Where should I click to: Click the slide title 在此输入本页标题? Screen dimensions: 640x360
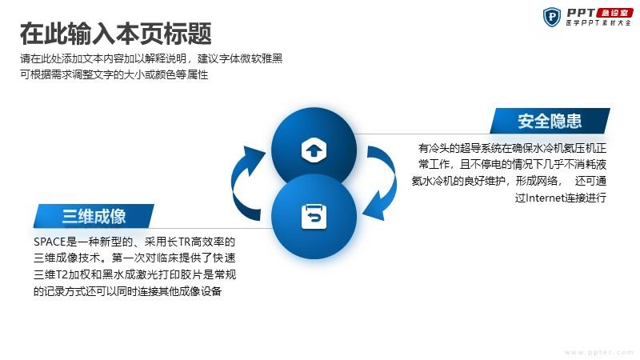[x=115, y=34]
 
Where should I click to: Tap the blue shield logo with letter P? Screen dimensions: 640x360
[x=552, y=17]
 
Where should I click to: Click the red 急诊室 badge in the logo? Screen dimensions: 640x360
[x=614, y=13]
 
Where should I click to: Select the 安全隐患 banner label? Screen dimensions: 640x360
[x=550, y=122]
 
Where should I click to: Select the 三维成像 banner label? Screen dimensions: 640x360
[x=94, y=216]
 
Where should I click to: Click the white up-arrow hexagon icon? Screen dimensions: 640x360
[x=314, y=150]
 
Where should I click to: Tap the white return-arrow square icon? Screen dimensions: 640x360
[x=314, y=217]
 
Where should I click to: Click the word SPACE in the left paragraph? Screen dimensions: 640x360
[x=50, y=242]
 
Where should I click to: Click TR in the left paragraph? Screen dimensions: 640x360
[x=185, y=242]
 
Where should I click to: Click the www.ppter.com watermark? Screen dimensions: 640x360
[x=598, y=352]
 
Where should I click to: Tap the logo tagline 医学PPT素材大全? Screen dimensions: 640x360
[x=598, y=23]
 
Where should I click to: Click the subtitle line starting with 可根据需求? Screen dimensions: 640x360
[x=114, y=74]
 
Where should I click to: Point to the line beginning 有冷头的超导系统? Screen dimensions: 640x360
[x=512, y=148]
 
